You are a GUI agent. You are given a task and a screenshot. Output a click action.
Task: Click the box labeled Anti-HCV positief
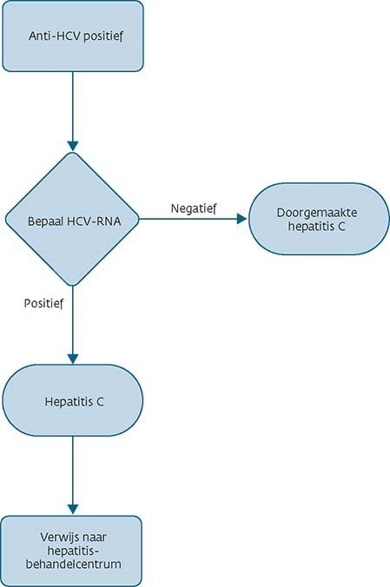pyautogui.click(x=73, y=36)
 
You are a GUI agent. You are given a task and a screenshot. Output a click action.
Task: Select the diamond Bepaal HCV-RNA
pyautogui.click(x=72, y=219)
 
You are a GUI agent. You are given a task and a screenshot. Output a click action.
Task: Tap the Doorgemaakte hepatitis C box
pyautogui.click(x=319, y=219)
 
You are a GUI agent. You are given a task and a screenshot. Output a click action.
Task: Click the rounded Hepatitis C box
pyautogui.click(x=73, y=400)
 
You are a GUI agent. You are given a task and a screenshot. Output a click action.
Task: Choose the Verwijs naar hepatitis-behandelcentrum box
pyautogui.click(x=72, y=551)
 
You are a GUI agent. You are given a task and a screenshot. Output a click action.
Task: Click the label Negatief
pyautogui.click(x=194, y=208)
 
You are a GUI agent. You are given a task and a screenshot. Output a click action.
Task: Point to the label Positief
pyautogui.click(x=43, y=303)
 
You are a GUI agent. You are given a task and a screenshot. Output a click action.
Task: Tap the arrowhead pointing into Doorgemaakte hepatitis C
pyautogui.click(x=243, y=219)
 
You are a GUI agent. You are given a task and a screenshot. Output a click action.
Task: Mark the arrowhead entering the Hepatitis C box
pyautogui.click(x=73, y=359)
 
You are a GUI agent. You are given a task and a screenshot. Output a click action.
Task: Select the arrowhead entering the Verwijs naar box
pyautogui.click(x=73, y=510)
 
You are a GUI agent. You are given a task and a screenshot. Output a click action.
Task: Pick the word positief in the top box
pyautogui.click(x=103, y=36)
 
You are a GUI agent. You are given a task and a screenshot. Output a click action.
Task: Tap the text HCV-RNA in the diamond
pyautogui.click(x=94, y=221)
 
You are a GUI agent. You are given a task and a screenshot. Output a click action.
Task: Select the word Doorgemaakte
pyautogui.click(x=317, y=213)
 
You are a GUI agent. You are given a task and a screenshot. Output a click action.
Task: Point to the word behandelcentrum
pyautogui.click(x=74, y=564)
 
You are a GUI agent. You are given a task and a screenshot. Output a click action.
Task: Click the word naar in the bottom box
pyautogui.click(x=95, y=538)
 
